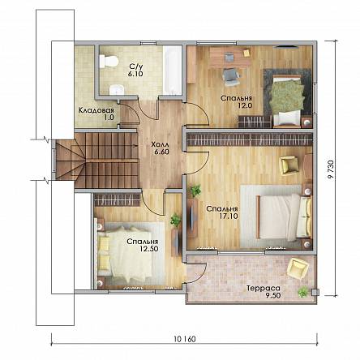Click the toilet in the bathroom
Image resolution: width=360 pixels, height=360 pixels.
point(109,61)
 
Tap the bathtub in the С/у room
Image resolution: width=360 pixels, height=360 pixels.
point(173,71)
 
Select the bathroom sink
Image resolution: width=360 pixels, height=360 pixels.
point(117,90)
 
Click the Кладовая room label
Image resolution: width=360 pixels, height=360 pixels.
point(96,110)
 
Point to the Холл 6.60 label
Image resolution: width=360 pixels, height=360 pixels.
point(161,148)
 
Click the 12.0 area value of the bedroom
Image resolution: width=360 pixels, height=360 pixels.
point(245,105)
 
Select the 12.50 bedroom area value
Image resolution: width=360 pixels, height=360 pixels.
point(148,249)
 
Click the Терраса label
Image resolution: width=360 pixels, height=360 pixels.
point(264,289)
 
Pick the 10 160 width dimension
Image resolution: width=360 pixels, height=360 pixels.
point(185,339)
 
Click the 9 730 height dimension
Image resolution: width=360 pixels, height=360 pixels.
point(330,169)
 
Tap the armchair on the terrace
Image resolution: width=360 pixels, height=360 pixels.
point(298,268)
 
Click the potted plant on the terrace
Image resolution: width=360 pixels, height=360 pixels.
point(303,292)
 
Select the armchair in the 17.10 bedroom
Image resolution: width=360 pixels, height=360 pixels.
point(289,165)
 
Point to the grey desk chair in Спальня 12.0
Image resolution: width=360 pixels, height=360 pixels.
point(231,77)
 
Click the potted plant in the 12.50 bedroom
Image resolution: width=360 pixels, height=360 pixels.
point(176,220)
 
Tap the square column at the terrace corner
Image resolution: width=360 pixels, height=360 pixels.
point(315,292)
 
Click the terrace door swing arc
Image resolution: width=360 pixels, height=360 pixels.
point(201,273)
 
